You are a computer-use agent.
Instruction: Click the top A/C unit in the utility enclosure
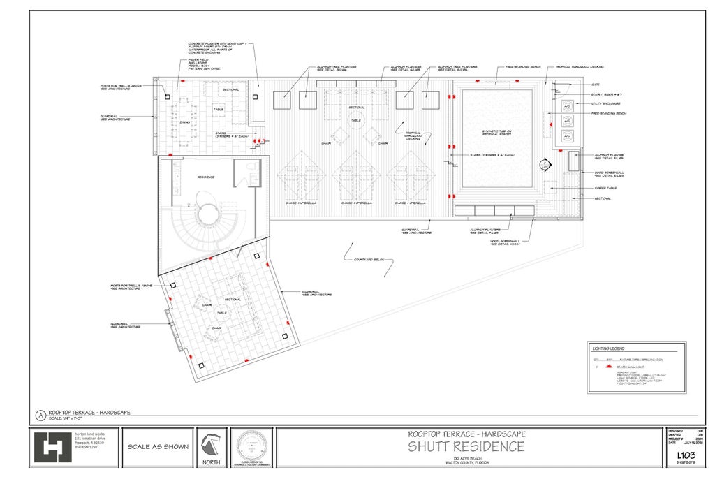coord(567,105)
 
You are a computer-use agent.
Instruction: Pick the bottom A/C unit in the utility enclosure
coord(567,135)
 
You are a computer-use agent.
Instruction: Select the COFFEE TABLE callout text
coord(605,187)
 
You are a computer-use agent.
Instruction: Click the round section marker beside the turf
coord(544,165)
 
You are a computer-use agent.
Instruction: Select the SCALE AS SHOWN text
coord(158,447)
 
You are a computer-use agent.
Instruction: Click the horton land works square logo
coord(52,448)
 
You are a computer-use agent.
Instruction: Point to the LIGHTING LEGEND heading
coord(608,348)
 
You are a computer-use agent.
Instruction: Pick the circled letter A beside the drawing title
coord(40,415)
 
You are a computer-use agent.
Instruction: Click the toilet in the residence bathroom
coord(254,178)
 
